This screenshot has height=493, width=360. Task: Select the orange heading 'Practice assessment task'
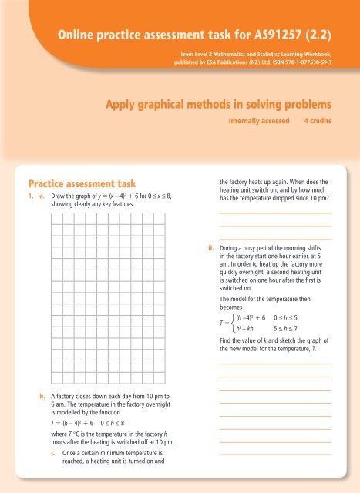point(82,183)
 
